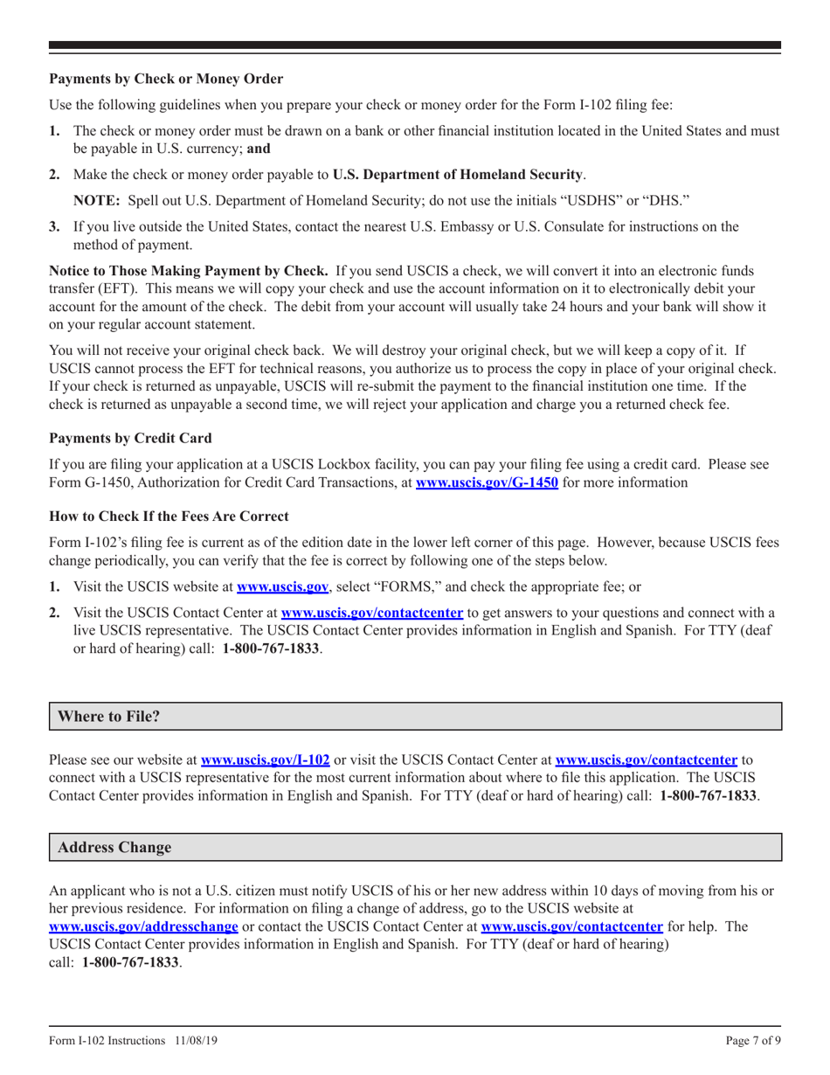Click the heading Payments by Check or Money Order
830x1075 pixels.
(166, 80)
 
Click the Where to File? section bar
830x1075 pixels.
(414, 716)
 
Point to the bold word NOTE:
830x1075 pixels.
(97, 199)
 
